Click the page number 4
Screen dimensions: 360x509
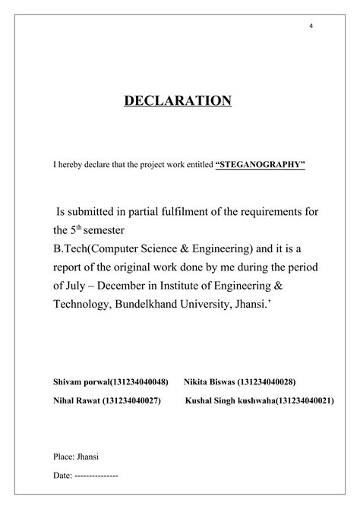[x=311, y=27]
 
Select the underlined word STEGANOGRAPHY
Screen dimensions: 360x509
[x=261, y=163]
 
